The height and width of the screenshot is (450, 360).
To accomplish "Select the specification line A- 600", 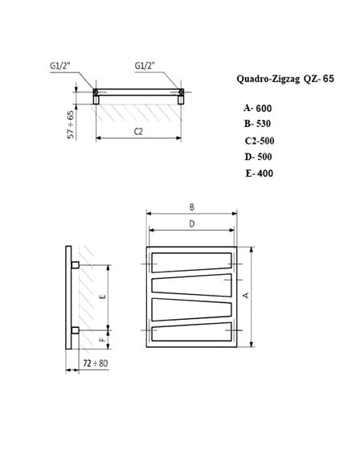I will (x=259, y=108).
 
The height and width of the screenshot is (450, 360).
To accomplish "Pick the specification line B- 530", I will (x=259, y=124).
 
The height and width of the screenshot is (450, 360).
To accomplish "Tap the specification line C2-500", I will (x=260, y=141).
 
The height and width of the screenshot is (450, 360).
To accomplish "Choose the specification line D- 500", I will (x=259, y=157).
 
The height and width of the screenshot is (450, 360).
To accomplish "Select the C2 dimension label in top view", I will (x=139, y=130).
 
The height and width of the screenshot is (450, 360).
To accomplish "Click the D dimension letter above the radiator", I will (x=191, y=224).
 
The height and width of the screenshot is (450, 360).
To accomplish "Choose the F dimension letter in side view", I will (x=102, y=341).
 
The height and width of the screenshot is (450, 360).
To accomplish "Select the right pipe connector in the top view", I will (x=182, y=94).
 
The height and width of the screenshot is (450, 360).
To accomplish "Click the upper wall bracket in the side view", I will (x=75, y=264).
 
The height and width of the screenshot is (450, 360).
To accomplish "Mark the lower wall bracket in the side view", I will (x=75, y=329).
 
